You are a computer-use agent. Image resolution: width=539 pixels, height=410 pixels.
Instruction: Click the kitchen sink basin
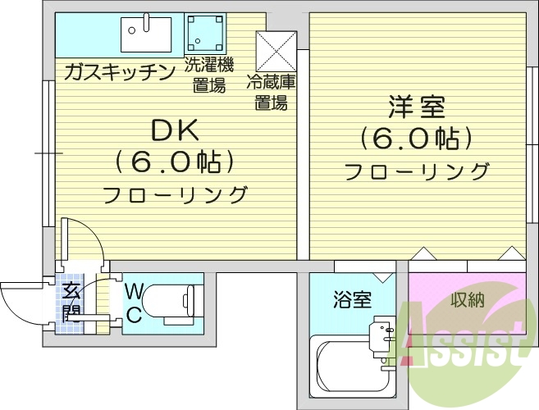146,34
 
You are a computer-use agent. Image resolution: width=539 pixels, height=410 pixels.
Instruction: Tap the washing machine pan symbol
205,34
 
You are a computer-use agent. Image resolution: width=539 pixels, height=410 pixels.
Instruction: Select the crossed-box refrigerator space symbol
276,52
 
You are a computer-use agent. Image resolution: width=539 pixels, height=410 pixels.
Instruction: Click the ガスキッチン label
120,72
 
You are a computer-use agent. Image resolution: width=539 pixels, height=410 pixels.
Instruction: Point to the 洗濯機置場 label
209,75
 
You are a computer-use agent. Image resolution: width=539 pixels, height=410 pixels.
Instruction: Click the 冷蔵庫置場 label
272,93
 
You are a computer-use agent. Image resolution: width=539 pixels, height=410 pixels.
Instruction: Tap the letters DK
176,130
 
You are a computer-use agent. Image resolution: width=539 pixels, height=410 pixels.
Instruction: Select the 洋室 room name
417,107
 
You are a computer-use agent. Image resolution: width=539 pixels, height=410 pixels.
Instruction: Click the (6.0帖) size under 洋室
417,139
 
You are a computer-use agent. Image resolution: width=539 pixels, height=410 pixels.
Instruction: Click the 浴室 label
352,299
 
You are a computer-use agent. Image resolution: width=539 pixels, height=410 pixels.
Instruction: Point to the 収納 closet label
468,300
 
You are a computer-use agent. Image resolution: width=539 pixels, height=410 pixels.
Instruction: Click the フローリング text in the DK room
176,194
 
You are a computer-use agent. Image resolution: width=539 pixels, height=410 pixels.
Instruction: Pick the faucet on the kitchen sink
147,22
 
